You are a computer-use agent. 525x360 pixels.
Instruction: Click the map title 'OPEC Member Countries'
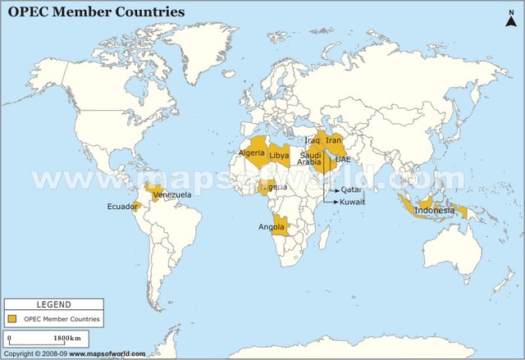pos(96,12)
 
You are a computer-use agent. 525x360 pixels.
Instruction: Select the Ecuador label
pos(122,207)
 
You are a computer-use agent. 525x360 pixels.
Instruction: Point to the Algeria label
pos(251,153)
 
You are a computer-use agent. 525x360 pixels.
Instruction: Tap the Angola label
pos(272,226)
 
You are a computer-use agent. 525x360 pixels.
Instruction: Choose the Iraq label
pos(312,140)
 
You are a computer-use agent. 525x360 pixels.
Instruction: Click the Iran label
pos(333,140)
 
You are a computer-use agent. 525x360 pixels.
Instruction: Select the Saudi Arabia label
pos(310,158)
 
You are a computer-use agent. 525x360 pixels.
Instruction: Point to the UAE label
pos(343,159)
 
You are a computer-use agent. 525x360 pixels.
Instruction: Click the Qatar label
pos(350,189)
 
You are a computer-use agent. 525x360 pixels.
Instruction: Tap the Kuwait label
pos(353,202)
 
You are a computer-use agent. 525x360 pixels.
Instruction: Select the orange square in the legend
pos(13,318)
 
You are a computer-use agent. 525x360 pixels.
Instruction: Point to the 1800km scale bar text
pos(67,338)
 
